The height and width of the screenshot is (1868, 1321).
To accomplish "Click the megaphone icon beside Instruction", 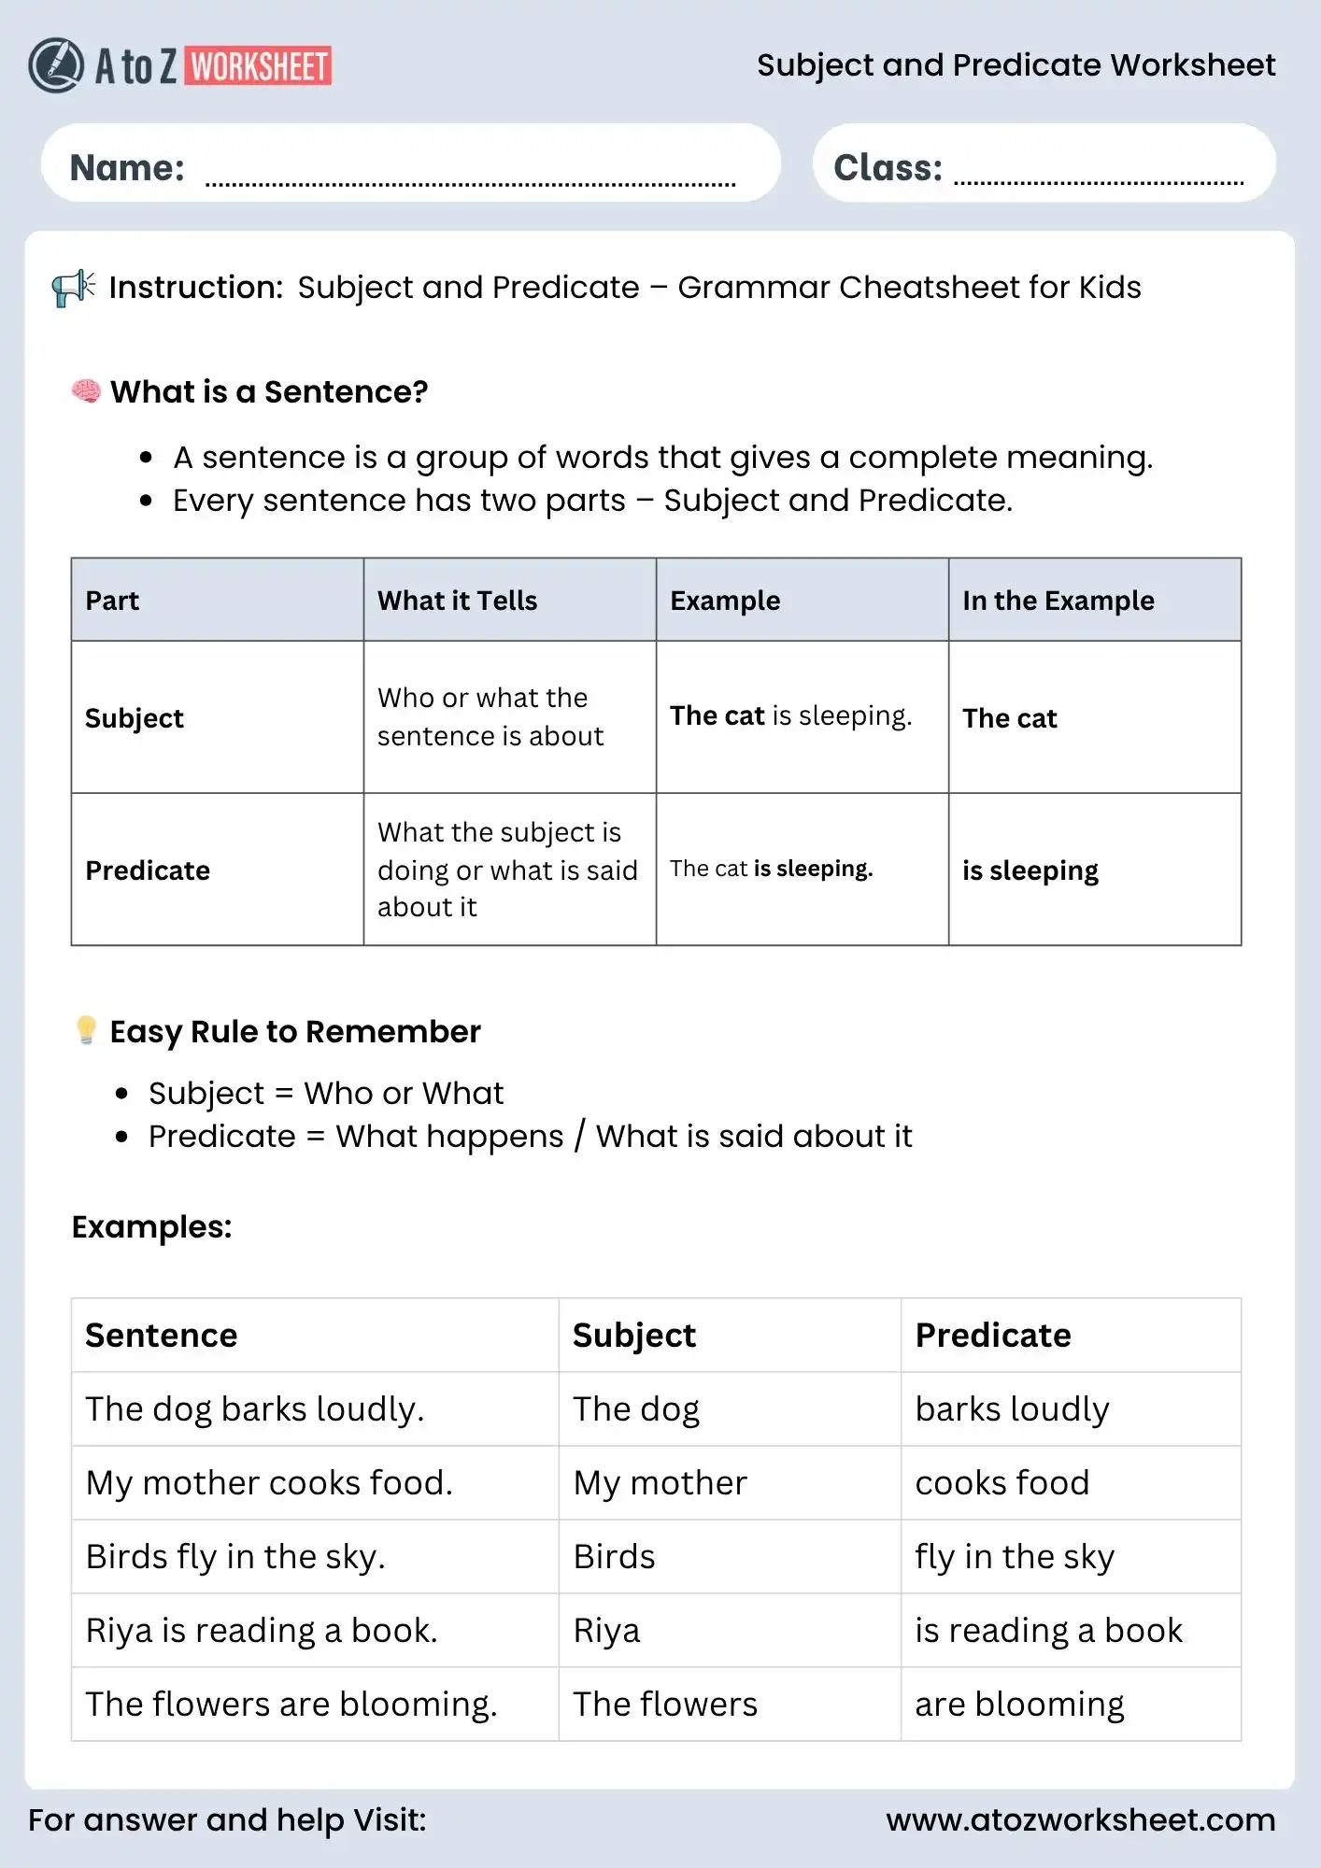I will tap(73, 288).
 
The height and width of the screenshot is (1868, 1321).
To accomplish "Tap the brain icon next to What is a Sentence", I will tap(86, 391).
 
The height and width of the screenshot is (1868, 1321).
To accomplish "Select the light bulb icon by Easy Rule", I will tap(86, 1030).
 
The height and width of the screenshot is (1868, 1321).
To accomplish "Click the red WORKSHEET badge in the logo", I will tap(258, 66).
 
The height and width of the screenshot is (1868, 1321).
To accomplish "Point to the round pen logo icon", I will tap(56, 65).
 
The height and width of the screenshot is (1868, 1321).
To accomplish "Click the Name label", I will tap(127, 168).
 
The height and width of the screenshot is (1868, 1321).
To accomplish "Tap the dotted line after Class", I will tap(1099, 181).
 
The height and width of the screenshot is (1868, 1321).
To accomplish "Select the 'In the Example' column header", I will tap(1058, 601).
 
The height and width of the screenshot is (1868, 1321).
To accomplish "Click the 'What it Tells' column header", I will tap(457, 601).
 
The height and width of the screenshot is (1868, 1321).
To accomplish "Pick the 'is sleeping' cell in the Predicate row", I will tap(1030, 870).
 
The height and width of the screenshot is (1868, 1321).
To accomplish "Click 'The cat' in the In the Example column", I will tap(1009, 718).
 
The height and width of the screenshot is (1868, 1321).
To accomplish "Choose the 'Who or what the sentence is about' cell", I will tap(490, 717).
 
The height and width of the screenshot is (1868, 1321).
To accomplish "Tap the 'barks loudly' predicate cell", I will tap(1012, 1409).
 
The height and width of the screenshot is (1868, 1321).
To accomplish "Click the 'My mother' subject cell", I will tap(660, 1483).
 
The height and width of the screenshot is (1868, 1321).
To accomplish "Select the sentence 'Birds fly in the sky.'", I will tap(235, 1557).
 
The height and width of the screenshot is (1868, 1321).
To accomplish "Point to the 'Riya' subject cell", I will tap(606, 1631).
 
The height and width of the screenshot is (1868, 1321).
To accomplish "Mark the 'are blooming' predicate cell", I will tap(1019, 1705).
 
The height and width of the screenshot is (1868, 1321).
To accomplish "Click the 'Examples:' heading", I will tap(151, 1226).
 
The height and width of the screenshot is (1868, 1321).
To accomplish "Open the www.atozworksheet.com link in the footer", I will tap(1080, 1819).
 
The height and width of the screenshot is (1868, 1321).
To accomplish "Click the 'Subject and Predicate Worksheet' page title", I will tap(1016, 65).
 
